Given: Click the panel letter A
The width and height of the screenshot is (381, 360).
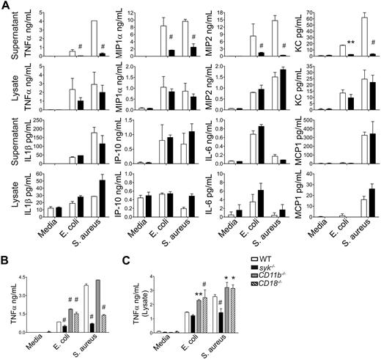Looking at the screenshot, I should pos(6,6).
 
